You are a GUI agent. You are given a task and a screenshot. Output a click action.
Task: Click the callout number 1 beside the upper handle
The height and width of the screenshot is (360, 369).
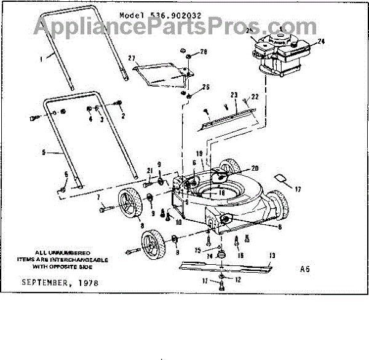[42, 59]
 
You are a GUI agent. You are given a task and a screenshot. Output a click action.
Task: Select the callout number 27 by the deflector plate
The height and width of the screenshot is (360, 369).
[131, 58]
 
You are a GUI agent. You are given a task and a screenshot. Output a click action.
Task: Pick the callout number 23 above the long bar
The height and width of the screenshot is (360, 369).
[233, 95]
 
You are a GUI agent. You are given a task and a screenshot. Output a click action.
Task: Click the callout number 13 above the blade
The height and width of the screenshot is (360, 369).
[271, 255]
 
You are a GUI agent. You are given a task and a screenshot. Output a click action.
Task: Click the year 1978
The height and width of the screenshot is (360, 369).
[87, 283]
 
